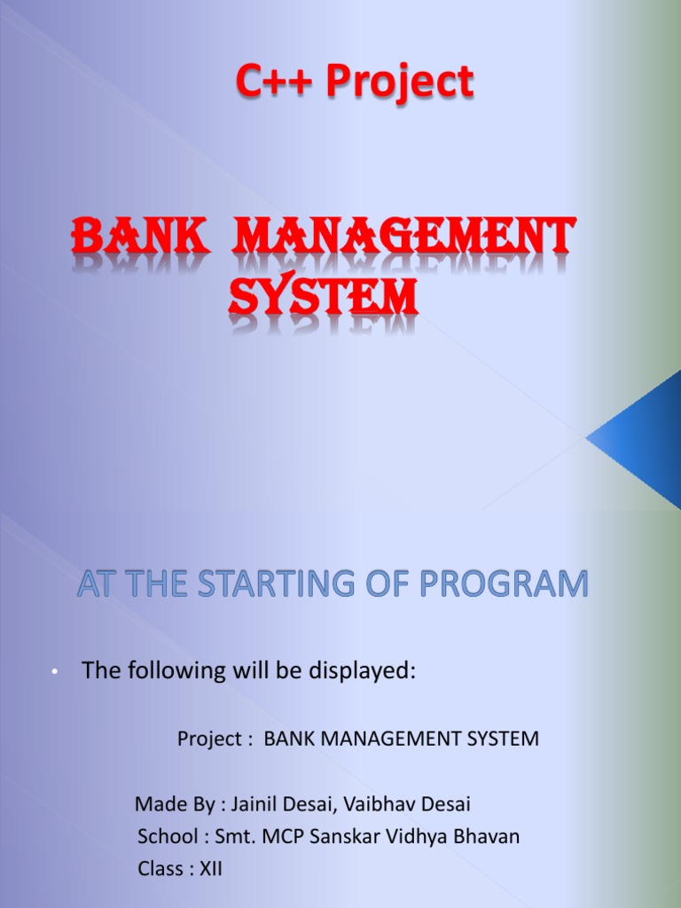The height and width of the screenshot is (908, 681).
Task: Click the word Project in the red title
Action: point(400,82)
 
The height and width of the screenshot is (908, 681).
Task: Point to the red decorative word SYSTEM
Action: point(323,297)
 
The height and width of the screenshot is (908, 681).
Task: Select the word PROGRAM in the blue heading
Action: point(504,583)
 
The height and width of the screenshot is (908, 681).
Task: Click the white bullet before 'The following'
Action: point(54,672)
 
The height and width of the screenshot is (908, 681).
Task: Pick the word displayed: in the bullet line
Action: point(362,671)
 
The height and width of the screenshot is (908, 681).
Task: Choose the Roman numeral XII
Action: point(211,869)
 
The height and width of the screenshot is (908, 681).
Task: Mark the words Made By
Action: point(175,804)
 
